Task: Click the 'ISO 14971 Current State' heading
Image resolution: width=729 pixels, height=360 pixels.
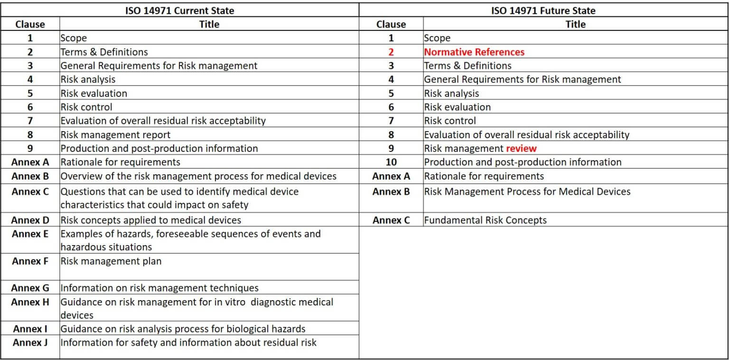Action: point(179,10)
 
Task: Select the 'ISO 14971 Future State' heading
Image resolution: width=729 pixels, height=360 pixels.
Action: point(543,10)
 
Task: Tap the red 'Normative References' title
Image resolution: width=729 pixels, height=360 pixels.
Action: point(474,52)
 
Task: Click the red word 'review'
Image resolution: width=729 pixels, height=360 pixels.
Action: point(521,148)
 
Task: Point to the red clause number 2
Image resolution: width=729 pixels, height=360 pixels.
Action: point(391,52)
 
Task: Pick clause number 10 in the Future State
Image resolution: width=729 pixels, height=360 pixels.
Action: point(391,162)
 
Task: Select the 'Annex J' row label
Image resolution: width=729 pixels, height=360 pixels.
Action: point(30,342)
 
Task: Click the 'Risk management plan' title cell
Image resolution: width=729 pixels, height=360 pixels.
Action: point(111,261)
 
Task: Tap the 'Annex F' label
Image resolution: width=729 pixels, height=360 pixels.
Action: point(30,261)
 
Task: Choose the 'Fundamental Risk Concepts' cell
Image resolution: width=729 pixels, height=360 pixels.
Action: point(485,220)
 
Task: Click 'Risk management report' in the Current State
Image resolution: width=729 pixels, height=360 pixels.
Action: point(115,134)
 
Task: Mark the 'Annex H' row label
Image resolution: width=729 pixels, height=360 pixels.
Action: point(30,302)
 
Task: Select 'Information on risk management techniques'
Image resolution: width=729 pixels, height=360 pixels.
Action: point(159,288)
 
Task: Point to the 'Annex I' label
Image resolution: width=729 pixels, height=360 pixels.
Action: point(30,329)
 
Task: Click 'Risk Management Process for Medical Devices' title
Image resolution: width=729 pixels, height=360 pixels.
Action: point(527,191)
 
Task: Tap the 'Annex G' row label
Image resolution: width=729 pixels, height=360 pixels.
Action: point(30,288)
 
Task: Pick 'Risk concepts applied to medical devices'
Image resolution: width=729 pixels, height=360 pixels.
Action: point(151,220)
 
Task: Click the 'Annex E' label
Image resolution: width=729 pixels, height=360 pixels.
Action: point(30,234)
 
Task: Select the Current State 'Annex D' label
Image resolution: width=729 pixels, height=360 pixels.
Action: point(30,220)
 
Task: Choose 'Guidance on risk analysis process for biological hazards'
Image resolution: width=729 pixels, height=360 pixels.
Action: point(183,329)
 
